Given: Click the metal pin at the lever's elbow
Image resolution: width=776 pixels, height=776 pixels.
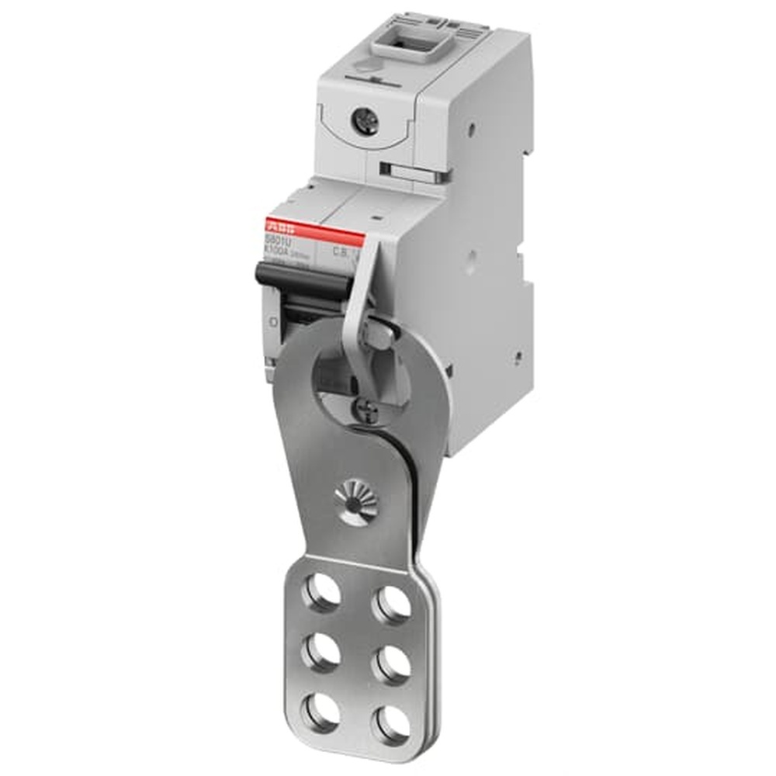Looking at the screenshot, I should (x=377, y=335).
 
